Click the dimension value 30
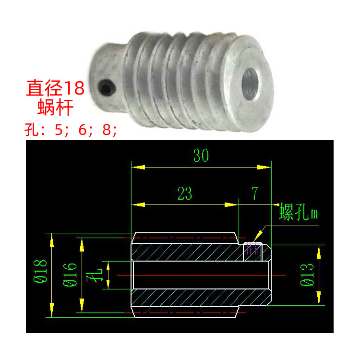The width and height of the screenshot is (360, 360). [201, 155]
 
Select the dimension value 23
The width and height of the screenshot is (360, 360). [185, 193]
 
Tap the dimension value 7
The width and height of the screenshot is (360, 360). [254, 193]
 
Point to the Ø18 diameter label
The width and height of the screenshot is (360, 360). [40, 271]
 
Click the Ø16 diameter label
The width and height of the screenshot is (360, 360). [70, 275]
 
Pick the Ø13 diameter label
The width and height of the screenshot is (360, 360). [307, 275]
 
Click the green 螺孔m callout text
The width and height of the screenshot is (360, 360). [299, 212]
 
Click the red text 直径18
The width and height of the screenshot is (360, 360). [55, 88]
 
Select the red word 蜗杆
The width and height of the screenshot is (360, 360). [55, 107]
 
